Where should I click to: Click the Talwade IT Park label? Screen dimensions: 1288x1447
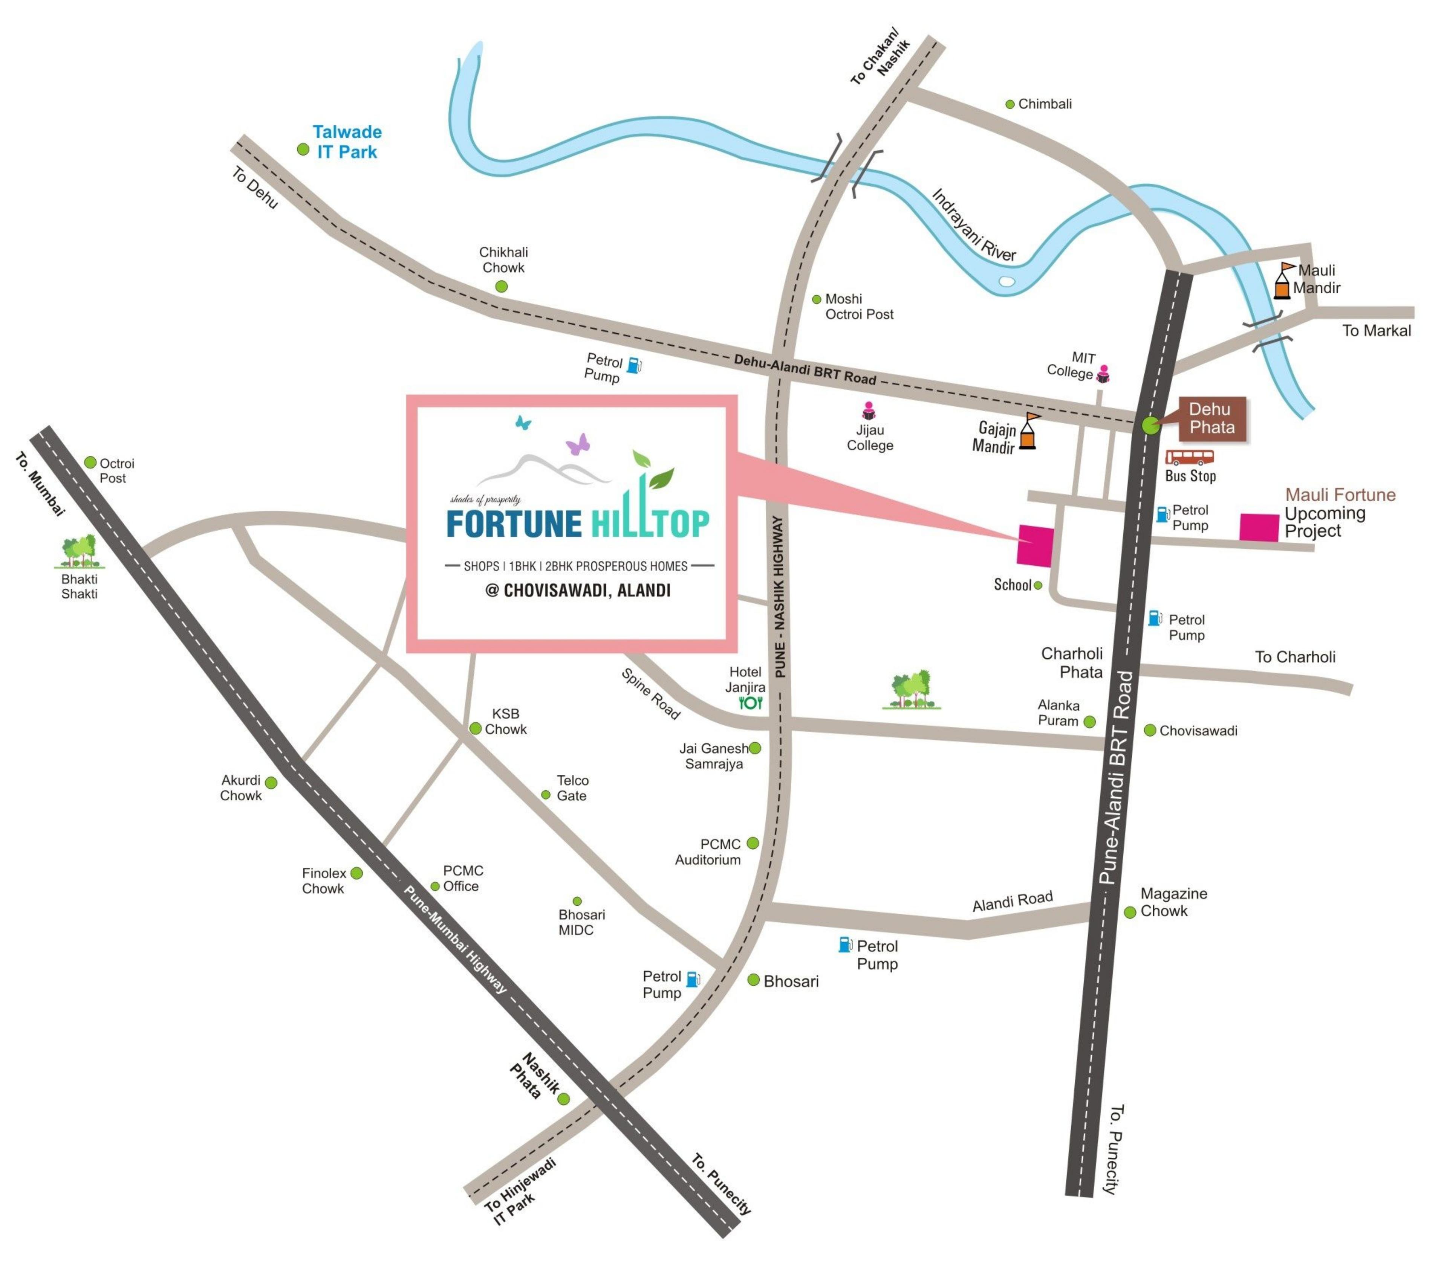click(347, 142)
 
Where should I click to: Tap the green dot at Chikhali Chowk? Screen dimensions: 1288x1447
click(501, 287)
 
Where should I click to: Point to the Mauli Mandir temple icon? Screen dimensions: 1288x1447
click(1283, 282)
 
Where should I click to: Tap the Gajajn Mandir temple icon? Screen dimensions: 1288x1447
click(1028, 432)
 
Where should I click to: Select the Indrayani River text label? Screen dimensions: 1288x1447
click(973, 224)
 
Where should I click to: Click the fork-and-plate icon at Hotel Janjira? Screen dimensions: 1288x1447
click(750, 703)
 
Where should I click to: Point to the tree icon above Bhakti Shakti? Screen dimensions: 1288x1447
click(79, 552)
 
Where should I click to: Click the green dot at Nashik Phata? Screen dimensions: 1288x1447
click(563, 1099)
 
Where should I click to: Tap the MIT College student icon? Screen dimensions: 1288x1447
click(1103, 374)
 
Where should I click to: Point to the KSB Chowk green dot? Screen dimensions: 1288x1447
click(476, 729)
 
